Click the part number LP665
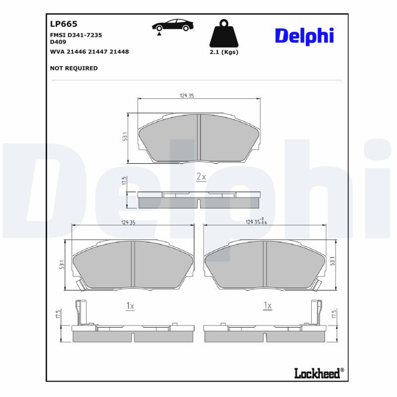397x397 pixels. [64, 23]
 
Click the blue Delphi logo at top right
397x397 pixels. [304, 36]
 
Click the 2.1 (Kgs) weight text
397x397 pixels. [224, 52]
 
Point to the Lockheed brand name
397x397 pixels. [318, 373]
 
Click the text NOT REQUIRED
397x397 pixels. [74, 68]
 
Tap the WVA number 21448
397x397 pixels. [119, 51]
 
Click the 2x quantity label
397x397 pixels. [201, 177]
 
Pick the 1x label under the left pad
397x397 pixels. [130, 306]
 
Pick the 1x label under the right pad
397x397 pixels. [267, 306]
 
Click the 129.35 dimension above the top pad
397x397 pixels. [187, 95]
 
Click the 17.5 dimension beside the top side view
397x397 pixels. [124, 181]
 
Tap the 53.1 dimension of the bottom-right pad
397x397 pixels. [332, 261]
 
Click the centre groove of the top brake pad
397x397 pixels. [198, 137]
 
